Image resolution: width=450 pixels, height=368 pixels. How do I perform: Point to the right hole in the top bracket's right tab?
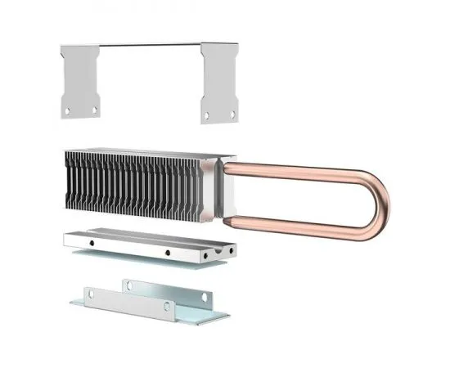coord(233,114)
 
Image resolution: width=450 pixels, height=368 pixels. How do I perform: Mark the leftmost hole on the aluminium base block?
coord(92,242)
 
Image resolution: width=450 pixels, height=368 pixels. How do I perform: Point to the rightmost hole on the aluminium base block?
coord(231,249)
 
